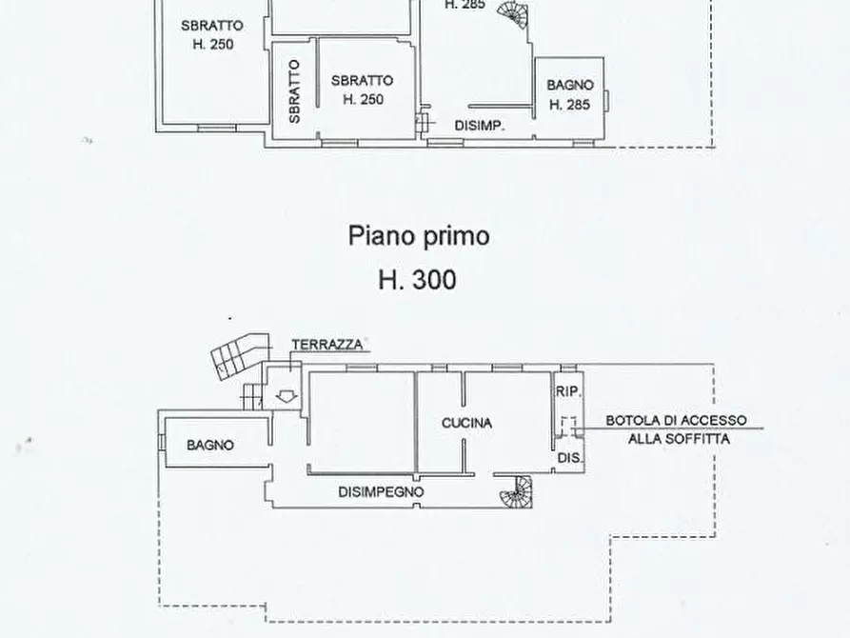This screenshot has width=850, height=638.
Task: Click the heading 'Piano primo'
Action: (x=419, y=235)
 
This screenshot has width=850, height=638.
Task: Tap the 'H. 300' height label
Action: (x=417, y=279)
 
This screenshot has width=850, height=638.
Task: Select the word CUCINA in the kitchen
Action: (x=466, y=423)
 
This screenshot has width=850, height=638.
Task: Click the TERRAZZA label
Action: (x=326, y=346)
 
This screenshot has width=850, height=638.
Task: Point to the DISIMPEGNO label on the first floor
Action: (x=381, y=492)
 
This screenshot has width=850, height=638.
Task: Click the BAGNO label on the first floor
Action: (x=210, y=445)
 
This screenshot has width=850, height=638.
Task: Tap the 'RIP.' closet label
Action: (x=568, y=391)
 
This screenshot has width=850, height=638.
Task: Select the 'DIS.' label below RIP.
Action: (x=569, y=458)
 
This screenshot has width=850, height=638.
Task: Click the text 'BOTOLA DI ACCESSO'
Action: (x=677, y=420)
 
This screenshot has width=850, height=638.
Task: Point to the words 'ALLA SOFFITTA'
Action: (x=678, y=439)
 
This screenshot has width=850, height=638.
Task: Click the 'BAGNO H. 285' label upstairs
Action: (x=570, y=95)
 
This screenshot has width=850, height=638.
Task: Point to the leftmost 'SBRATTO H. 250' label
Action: (x=211, y=34)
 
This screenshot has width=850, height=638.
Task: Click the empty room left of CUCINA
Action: (x=362, y=421)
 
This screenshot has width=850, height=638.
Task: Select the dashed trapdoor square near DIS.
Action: (x=568, y=426)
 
